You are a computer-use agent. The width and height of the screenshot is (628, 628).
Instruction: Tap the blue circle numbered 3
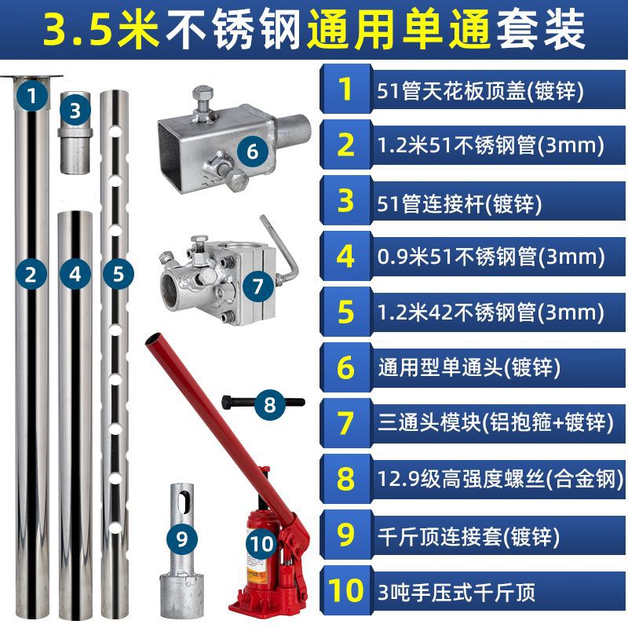75,110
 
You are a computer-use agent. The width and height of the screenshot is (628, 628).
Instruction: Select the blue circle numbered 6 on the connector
251,151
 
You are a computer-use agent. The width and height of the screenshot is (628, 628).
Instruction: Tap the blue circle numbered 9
182,539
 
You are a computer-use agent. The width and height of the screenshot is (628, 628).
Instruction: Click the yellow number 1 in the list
345,89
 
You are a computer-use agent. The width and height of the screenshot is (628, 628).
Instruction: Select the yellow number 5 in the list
345,312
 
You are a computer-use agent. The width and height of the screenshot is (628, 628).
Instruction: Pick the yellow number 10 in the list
345,590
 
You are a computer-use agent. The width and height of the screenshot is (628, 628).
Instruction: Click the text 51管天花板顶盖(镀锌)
479,91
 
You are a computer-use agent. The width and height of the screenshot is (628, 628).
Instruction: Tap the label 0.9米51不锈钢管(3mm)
491,256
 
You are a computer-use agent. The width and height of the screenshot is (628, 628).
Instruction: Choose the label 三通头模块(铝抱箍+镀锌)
494,423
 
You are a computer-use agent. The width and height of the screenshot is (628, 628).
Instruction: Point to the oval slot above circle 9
181,502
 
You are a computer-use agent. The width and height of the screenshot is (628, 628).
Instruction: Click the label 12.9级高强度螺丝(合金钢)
495,480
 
